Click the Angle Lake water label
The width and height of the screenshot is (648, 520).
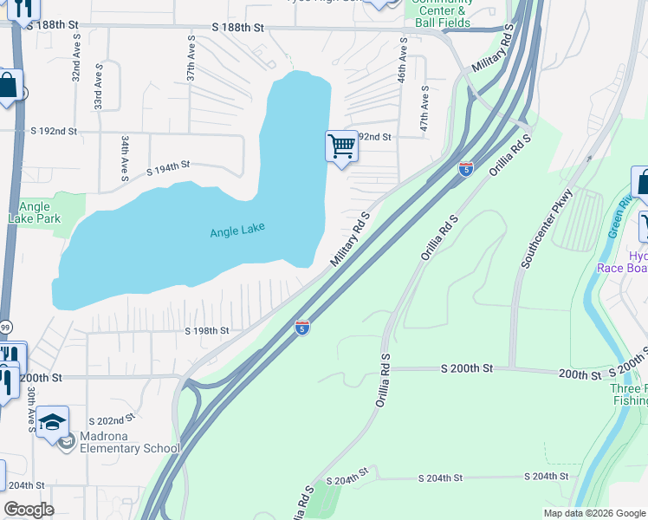click(x=237, y=230)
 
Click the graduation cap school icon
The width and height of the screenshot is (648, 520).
click(x=53, y=422)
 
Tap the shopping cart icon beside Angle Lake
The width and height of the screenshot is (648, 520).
click(x=342, y=146)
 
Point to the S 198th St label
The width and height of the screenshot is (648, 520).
click(x=207, y=331)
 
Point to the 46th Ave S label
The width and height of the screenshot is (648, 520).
click(x=403, y=60)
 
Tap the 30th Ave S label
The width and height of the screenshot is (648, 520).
click(x=30, y=410)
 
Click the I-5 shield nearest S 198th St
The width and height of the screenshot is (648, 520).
click(x=301, y=328)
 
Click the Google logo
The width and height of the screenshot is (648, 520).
click(x=29, y=510)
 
